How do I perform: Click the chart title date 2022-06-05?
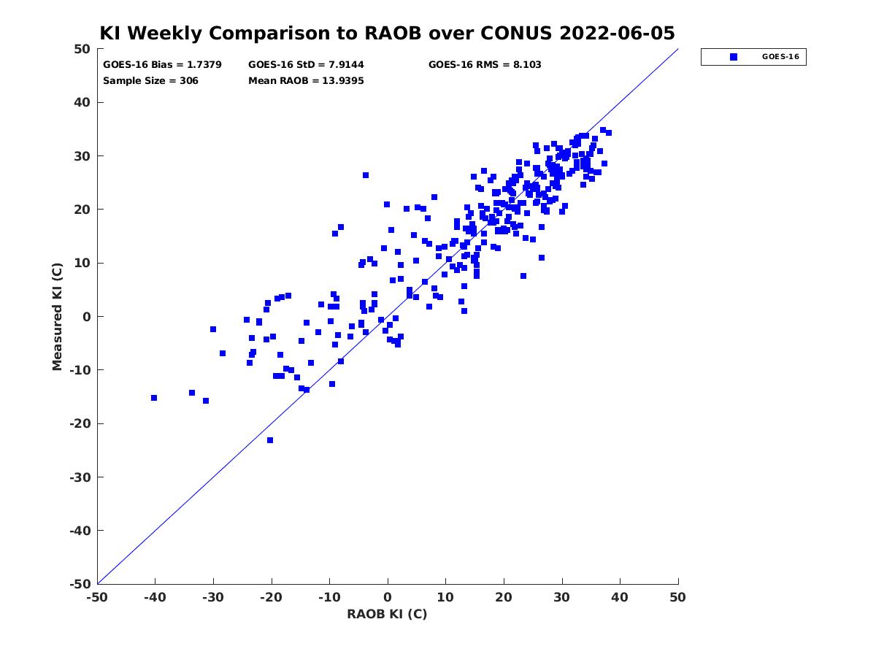coord(617,33)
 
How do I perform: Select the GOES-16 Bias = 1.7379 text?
coord(162,65)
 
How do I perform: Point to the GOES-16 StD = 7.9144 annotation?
coord(306,65)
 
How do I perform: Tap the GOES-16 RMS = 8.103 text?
coord(485,65)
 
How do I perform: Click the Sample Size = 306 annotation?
coord(150,81)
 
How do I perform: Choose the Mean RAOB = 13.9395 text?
coord(306,81)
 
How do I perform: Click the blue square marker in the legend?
coord(733,57)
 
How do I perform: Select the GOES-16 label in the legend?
coord(780,57)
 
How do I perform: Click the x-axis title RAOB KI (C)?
coord(387,615)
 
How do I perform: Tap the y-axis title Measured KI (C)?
coord(57,316)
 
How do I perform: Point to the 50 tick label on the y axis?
coord(82,49)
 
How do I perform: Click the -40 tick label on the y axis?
coord(80,531)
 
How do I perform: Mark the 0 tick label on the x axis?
coord(388,598)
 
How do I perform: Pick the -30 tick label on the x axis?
coord(213,598)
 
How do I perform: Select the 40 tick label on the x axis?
coord(620,598)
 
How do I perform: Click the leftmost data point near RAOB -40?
coord(154,398)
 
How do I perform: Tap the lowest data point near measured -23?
coord(270,440)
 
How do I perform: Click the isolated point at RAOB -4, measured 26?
coord(366,175)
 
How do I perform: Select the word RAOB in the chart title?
coord(393,33)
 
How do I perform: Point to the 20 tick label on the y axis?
coord(82,210)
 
